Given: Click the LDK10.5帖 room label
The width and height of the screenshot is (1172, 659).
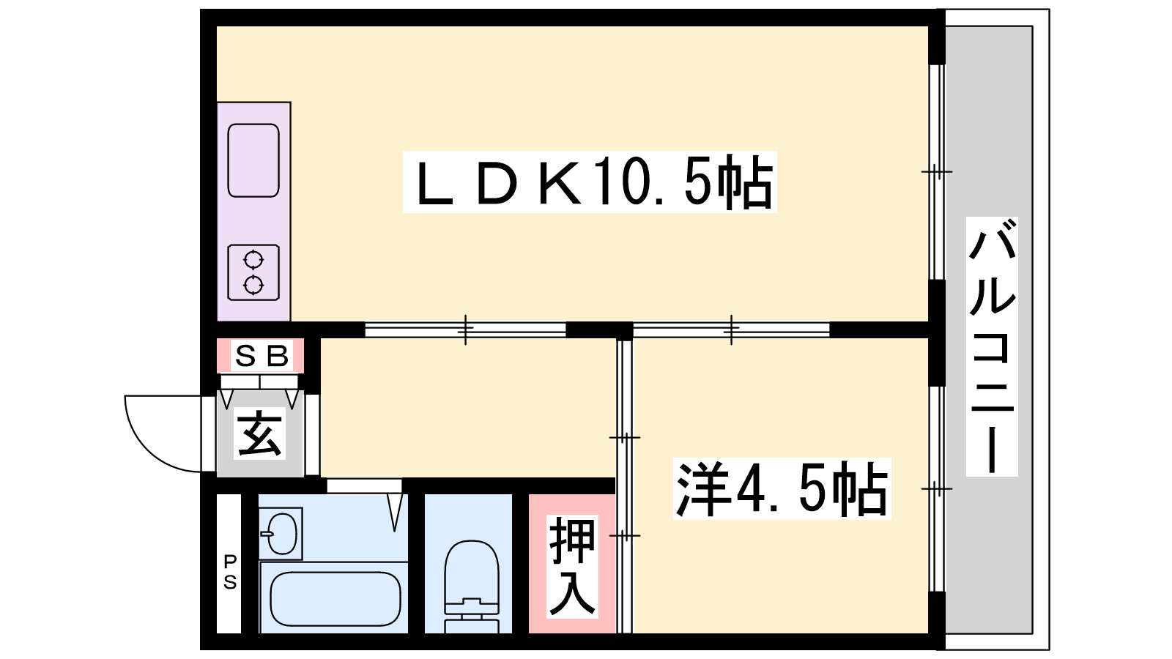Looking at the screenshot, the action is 590,182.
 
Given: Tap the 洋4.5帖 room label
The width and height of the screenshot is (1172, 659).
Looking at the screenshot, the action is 782,488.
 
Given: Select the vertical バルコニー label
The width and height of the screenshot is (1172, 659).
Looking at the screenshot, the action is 992,347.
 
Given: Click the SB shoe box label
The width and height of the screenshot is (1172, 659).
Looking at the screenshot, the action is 261,356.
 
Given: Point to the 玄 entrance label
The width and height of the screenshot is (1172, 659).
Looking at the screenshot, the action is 259,433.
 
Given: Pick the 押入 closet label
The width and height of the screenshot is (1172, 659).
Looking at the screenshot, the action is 572,566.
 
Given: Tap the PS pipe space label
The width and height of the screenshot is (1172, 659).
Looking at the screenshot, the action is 230,572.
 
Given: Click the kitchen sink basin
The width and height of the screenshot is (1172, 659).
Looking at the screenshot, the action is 253,160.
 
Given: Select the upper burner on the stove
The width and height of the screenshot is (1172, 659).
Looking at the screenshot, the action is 253,260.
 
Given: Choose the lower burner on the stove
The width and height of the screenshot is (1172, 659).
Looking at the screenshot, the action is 253,285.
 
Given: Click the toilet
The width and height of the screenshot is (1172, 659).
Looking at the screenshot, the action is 471,587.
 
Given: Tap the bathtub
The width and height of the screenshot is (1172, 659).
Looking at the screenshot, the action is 335,599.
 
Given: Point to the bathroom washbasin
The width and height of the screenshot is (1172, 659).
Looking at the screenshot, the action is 281,534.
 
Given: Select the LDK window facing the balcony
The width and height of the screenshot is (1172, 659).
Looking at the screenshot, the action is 937,172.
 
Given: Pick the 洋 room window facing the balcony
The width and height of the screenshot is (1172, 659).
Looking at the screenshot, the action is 937,489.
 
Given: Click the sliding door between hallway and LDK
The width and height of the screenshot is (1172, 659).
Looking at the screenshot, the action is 465,330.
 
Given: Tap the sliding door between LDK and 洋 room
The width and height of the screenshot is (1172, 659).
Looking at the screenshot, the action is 731,330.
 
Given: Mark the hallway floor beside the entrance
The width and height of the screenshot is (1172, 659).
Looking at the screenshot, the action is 467,408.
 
